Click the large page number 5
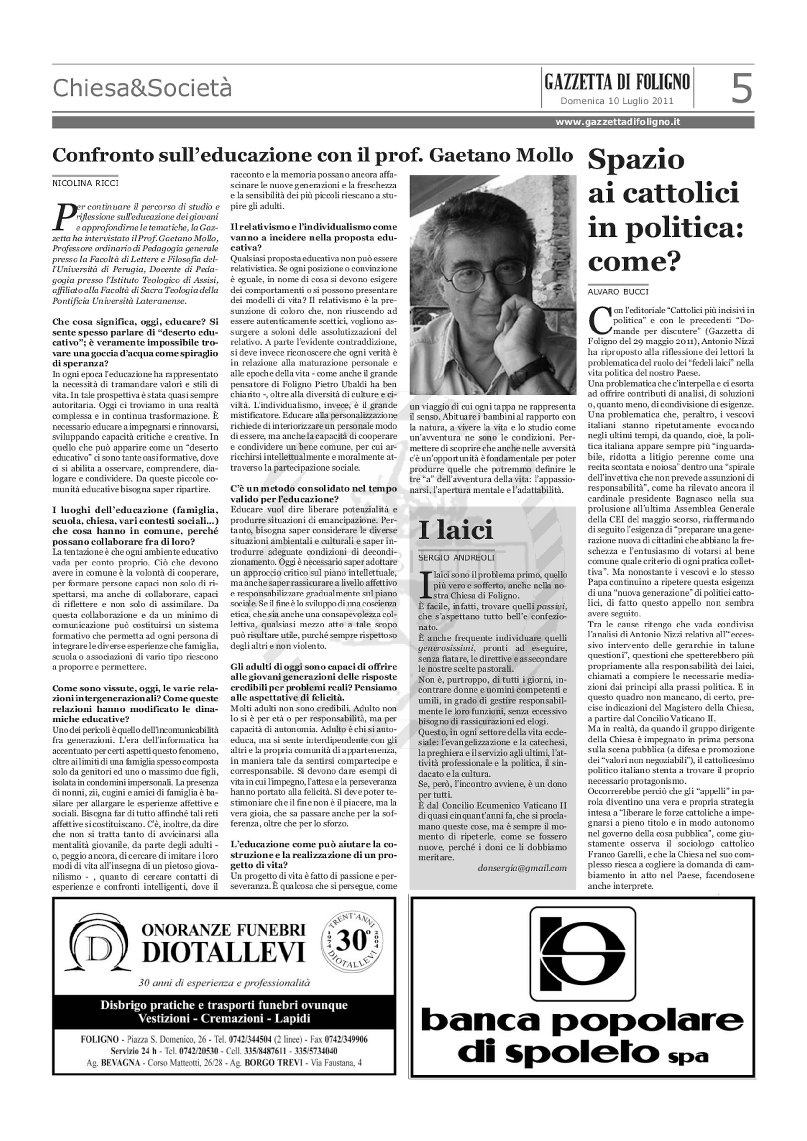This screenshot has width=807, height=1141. [741, 88]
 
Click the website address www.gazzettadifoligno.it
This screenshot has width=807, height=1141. [617, 122]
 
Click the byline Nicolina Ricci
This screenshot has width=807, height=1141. [86, 183]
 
